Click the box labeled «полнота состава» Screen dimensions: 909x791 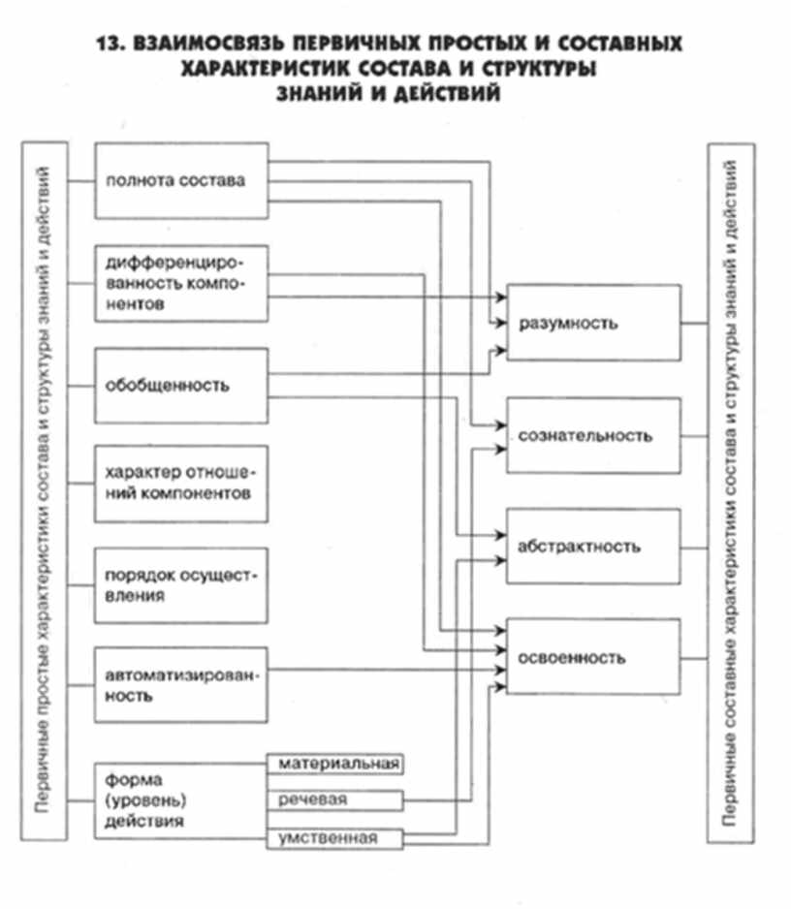[x=181, y=181]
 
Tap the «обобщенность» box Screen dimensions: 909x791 [x=181, y=385]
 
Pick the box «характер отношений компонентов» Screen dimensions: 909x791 [x=181, y=483]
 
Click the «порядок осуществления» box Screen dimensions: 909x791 [x=181, y=584]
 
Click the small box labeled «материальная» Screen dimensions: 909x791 [x=335, y=765]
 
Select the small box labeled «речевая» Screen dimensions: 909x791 [x=335, y=800]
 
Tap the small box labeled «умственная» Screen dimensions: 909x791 [x=335, y=838]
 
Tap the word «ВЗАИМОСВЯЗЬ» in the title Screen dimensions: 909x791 [x=200, y=45]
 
